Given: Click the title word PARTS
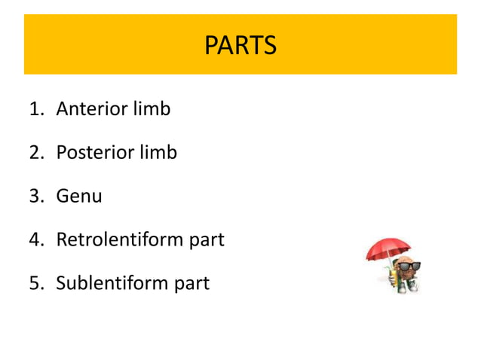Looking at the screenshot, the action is (x=240, y=45).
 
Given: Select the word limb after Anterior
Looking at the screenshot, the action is (x=152, y=108).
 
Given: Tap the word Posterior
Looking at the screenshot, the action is (x=96, y=152).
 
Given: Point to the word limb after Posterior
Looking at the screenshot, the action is (x=158, y=151).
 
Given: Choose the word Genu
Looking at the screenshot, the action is (x=79, y=196).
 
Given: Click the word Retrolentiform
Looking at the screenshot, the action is (x=120, y=239).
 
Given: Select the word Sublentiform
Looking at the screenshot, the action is (x=112, y=282).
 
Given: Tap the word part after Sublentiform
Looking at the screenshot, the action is (x=192, y=284).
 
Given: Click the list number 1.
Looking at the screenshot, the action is (x=37, y=108).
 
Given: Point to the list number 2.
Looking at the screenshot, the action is (x=37, y=152).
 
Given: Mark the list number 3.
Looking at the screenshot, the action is (x=37, y=196).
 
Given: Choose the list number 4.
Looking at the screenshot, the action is (x=37, y=239).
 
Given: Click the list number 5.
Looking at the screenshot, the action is (x=37, y=282).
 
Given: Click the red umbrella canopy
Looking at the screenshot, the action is (x=388, y=249).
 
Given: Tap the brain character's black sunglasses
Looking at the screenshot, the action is (x=409, y=266).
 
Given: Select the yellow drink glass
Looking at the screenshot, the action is (x=393, y=277).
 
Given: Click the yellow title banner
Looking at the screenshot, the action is (x=240, y=44).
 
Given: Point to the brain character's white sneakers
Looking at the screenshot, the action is (x=407, y=287).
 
